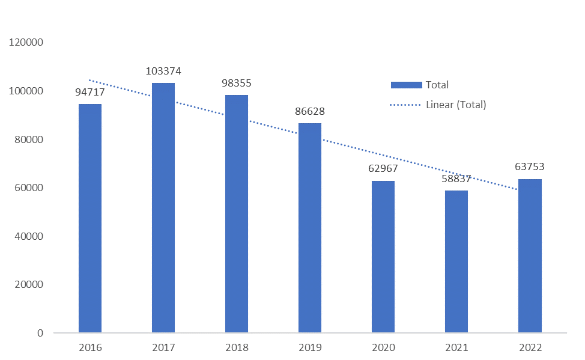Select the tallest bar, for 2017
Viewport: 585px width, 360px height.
click(163, 207)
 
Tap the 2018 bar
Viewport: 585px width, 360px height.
click(237, 213)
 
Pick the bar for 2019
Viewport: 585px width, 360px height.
click(310, 228)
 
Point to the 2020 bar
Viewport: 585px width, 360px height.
click(383, 257)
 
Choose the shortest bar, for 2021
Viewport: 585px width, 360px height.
click(456, 261)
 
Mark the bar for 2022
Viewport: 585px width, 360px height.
click(530, 255)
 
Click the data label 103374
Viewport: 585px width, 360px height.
click(163, 71)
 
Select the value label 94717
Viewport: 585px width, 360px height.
click(90, 92)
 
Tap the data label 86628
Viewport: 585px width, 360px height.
click(310, 111)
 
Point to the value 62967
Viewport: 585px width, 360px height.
click(383, 168)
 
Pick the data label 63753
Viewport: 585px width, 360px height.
click(530, 166)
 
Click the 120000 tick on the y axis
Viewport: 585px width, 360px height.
click(25, 43)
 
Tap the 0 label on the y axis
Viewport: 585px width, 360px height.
click(40, 333)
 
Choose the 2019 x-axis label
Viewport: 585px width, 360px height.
click(310, 348)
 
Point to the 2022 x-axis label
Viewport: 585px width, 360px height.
click(530, 348)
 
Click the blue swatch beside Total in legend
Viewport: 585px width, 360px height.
click(406, 85)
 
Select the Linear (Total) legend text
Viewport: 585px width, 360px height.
click(456, 105)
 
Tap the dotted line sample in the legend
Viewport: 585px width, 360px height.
click(406, 105)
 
